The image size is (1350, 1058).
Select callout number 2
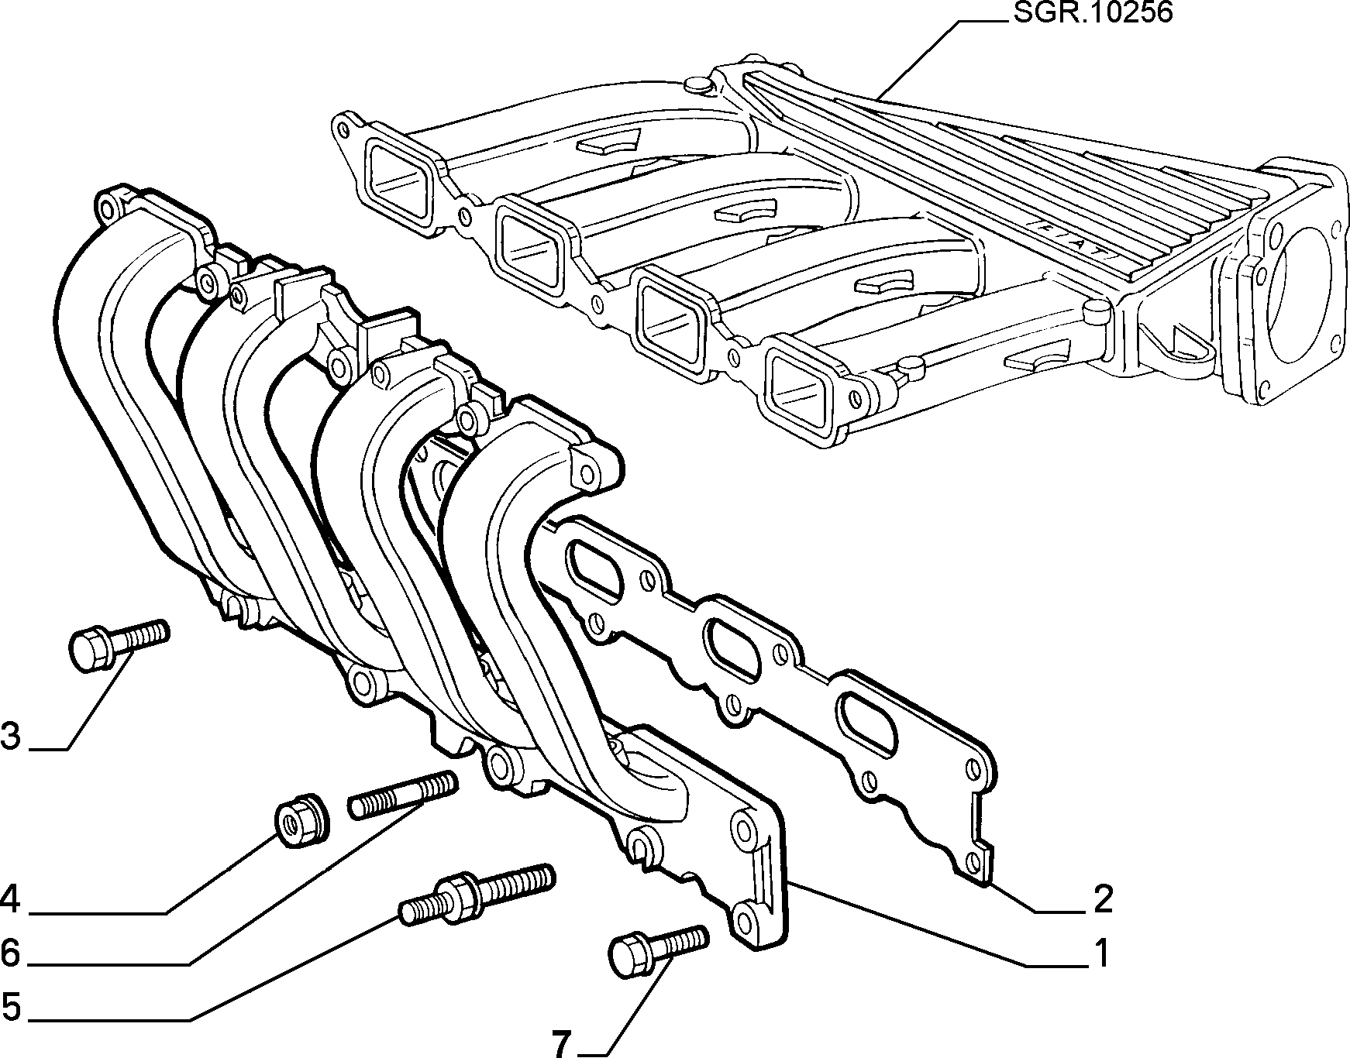tap(1102, 899)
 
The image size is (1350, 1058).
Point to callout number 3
tap(11, 737)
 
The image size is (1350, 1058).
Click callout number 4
tap(11, 899)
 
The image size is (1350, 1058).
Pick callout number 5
tap(11, 1008)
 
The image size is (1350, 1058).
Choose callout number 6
tap(11, 952)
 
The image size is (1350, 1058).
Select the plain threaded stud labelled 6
tap(402, 795)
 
